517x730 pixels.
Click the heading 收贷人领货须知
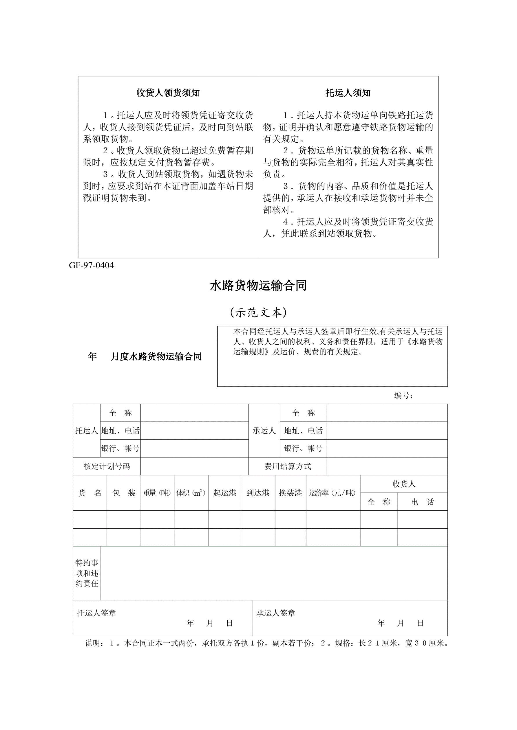pos(168,93)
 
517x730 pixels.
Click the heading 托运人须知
pos(348,93)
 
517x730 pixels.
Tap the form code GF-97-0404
pos(91,266)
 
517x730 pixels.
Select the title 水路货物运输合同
pos(258,286)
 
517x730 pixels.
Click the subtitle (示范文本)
pos(258,312)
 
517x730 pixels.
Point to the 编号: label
pos(403,395)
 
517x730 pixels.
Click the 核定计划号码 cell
pos(107,466)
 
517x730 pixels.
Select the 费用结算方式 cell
pos(288,466)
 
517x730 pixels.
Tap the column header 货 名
pos(90,493)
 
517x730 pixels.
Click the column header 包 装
pos(124,493)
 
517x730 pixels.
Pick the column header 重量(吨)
pos(157,493)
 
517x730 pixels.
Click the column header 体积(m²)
pos(191,493)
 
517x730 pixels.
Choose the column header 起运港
pos(225,493)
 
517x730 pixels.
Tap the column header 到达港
pos(258,493)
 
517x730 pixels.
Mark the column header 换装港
pos(290,493)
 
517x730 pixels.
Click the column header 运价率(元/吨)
pos(333,493)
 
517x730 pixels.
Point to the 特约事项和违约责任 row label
pos(87,573)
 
